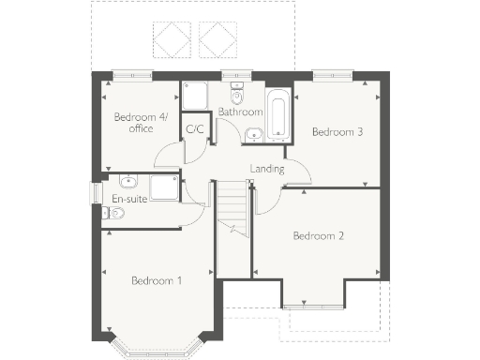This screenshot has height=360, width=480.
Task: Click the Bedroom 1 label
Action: [x=157, y=280]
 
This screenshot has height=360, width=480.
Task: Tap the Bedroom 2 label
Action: [x=318, y=235]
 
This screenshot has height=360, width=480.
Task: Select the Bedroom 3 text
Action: [x=337, y=132]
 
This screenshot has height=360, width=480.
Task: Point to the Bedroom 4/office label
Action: [x=134, y=123]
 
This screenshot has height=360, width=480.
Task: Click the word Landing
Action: [x=267, y=169]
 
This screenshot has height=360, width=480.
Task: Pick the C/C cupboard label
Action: [x=195, y=129]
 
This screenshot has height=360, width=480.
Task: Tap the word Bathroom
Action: [x=240, y=112]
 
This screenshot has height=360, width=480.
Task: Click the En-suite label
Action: [x=127, y=199]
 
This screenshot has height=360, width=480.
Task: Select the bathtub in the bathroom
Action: [x=278, y=114]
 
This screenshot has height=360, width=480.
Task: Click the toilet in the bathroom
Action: [x=236, y=95]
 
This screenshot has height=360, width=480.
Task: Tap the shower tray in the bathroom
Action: [x=195, y=97]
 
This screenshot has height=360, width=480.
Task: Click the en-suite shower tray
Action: [x=165, y=187]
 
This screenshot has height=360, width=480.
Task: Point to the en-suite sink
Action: [x=128, y=182]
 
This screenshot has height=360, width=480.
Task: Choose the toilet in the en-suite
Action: [x=114, y=214]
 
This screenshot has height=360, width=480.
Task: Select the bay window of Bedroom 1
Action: [x=157, y=347]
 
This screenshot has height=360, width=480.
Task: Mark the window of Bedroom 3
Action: [x=333, y=73]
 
